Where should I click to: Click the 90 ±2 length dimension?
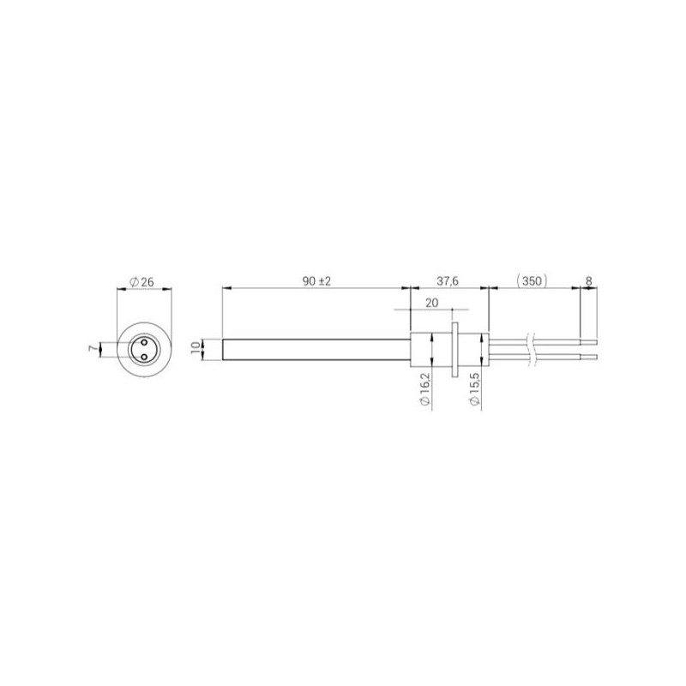pyautogui.click(x=316, y=281)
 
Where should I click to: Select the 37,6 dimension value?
pyautogui.click(x=448, y=281)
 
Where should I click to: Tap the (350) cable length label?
pyautogui.click(x=532, y=281)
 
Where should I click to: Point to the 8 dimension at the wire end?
pyautogui.click(x=589, y=281)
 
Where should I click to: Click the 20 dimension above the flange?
pyautogui.click(x=432, y=303)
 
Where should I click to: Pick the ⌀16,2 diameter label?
pyautogui.click(x=424, y=389)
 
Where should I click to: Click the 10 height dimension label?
pyautogui.click(x=197, y=350)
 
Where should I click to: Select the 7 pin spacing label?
pyautogui.click(x=93, y=349)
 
